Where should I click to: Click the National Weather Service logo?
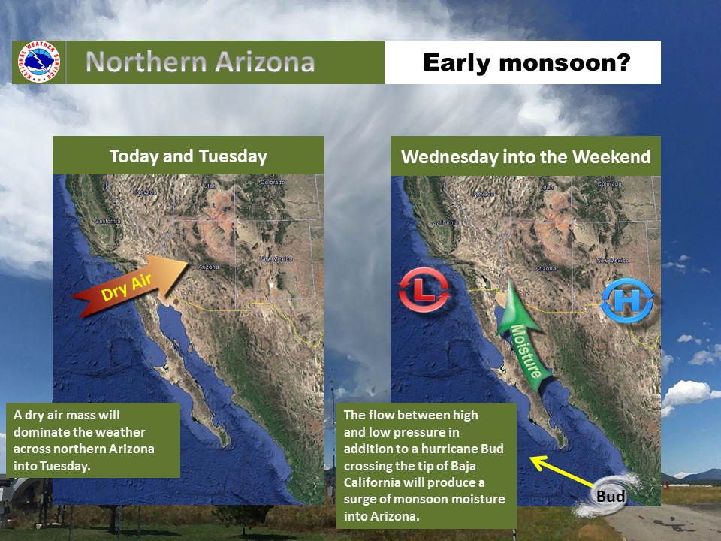coord(37,62)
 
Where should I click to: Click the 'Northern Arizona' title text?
coord(200,62)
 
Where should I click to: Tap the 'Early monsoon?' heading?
coord(526,62)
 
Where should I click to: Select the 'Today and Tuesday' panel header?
coord(188,156)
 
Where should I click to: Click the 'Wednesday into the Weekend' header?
coord(526,157)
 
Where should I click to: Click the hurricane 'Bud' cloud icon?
coord(612,494)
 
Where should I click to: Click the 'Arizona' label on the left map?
coord(208,267)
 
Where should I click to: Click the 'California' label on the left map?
coord(107,221)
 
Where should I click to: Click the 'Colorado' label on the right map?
coord(610,183)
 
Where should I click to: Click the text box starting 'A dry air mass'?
coord(95,440)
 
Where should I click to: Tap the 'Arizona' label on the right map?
coord(546,267)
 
